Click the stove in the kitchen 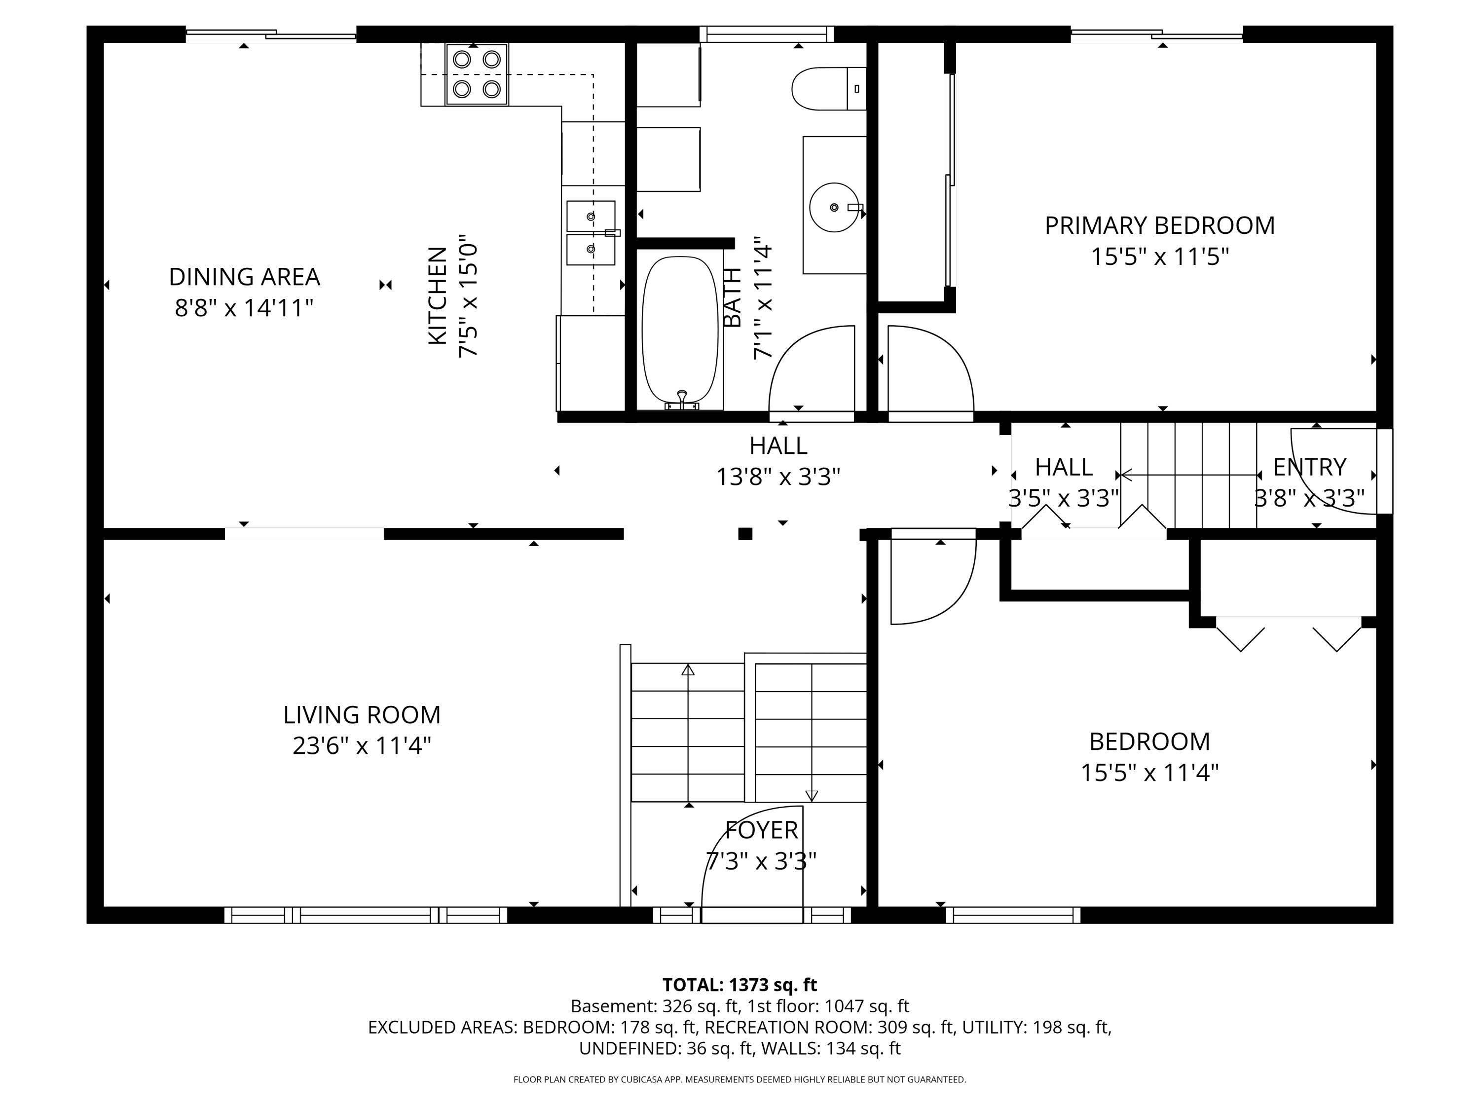477,74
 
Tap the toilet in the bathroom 828,88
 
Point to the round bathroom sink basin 834,207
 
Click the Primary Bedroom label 1159,225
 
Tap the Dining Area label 244,276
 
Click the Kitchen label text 437,296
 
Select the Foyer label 761,830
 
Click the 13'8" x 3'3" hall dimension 778,477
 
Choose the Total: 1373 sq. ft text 740,985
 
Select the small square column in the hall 744,534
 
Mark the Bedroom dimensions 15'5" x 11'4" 1149,773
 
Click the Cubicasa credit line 740,1079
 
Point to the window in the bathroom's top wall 767,34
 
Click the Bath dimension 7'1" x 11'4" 763,298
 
